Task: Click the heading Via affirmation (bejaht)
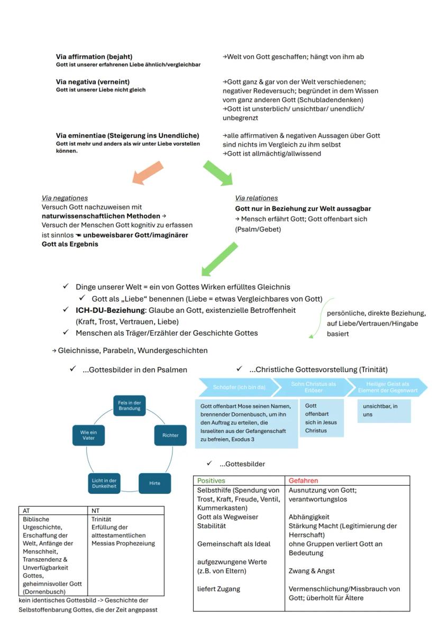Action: [x=94, y=57]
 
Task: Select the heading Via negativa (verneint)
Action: [x=93, y=82]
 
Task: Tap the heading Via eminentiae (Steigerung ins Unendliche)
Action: [x=127, y=135]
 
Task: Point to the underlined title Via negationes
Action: [x=65, y=198]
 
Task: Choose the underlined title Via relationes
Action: [x=257, y=198]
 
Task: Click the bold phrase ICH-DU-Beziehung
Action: [x=110, y=310]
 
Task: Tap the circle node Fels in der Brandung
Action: [x=129, y=405]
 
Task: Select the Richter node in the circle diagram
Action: [x=167, y=435]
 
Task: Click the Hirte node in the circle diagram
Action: [x=154, y=483]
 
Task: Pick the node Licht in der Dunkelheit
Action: [x=104, y=483]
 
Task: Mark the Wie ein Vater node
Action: [x=88, y=435]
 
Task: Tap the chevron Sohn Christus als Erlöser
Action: [x=313, y=387]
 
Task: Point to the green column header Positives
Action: [x=211, y=481]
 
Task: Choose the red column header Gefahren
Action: [x=303, y=481]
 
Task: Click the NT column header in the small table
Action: [x=96, y=511]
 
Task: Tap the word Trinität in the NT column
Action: [x=101, y=520]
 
